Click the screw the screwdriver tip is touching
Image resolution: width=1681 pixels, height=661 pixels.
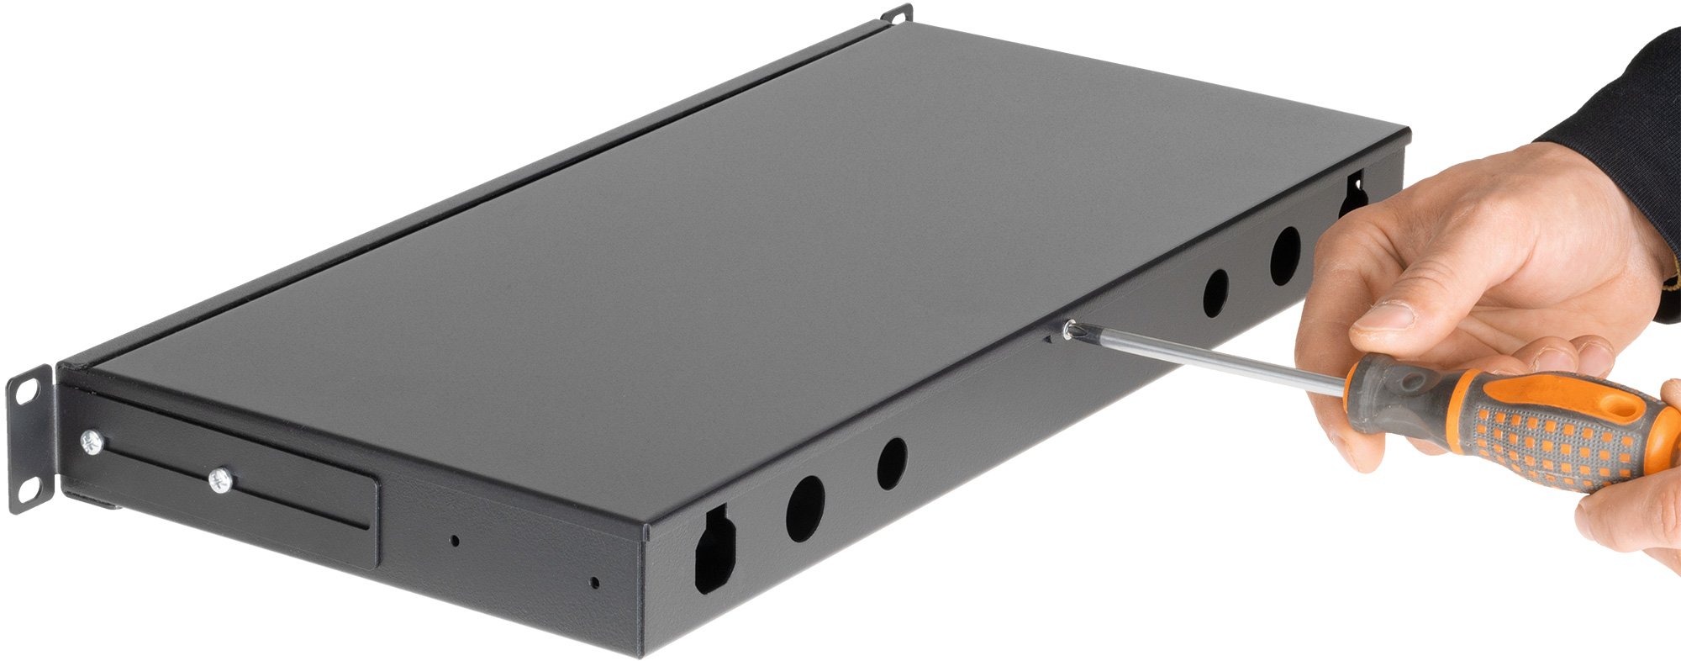[x=1070, y=330]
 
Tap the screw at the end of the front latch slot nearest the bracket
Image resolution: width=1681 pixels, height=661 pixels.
[x=90, y=442]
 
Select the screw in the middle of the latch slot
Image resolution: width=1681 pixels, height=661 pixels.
[x=220, y=481]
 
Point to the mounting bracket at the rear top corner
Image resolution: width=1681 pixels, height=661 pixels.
[x=898, y=14]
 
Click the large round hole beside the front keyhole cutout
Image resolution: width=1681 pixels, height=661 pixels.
[x=805, y=508]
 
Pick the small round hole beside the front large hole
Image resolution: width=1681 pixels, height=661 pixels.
[x=892, y=463]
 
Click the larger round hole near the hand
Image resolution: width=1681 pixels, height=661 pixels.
[x=1285, y=256]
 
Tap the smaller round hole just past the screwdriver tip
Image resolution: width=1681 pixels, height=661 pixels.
[x=1215, y=293]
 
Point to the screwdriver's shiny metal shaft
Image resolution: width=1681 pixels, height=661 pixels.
[x=1210, y=362]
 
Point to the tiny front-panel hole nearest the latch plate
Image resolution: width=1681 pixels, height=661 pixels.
[x=455, y=540]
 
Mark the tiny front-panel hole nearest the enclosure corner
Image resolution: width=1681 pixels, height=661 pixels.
[x=594, y=582]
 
